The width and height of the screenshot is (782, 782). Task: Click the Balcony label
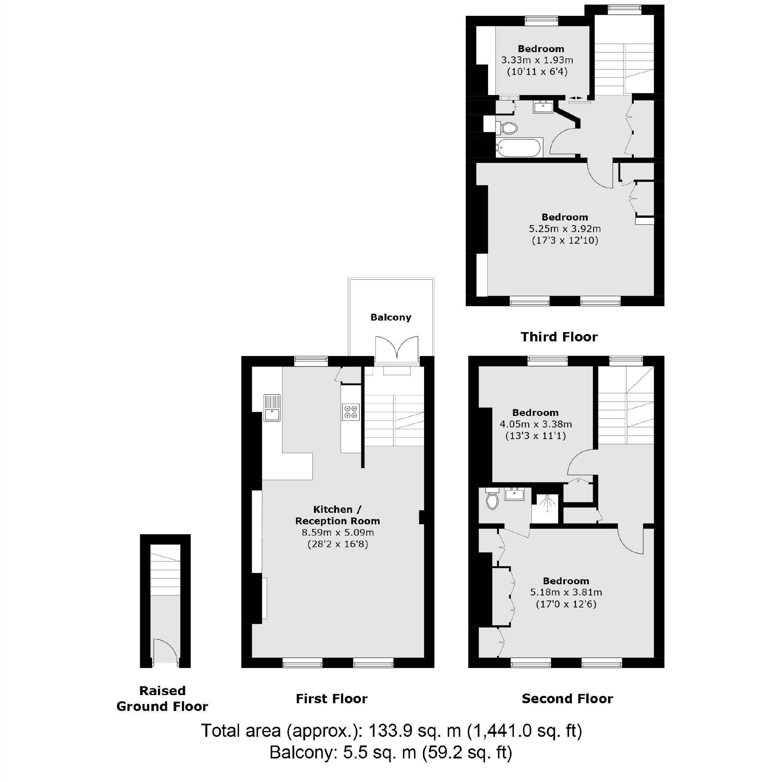pyautogui.click(x=390, y=317)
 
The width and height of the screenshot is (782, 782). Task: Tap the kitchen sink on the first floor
pyautogui.click(x=272, y=408)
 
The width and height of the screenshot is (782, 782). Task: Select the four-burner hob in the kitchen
pyautogui.click(x=351, y=412)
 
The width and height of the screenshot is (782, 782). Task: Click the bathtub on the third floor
pyautogui.click(x=519, y=148)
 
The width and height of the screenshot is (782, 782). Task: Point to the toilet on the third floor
pyautogui.click(x=507, y=128)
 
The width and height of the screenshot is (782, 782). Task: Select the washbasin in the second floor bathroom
pyautogui.click(x=514, y=494)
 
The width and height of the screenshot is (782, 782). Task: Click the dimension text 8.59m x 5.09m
pyautogui.click(x=338, y=532)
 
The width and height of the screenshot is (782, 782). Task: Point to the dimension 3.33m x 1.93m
pyautogui.click(x=537, y=60)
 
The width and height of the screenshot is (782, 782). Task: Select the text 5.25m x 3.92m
pyautogui.click(x=565, y=229)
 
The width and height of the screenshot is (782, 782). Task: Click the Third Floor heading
pyautogui.click(x=559, y=337)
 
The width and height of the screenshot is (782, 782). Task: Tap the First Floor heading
pyautogui.click(x=331, y=699)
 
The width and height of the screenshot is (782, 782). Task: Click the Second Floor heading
pyautogui.click(x=567, y=699)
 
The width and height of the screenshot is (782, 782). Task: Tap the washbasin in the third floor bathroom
pyautogui.click(x=543, y=107)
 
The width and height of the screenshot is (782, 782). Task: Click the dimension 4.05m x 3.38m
pyautogui.click(x=536, y=424)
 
